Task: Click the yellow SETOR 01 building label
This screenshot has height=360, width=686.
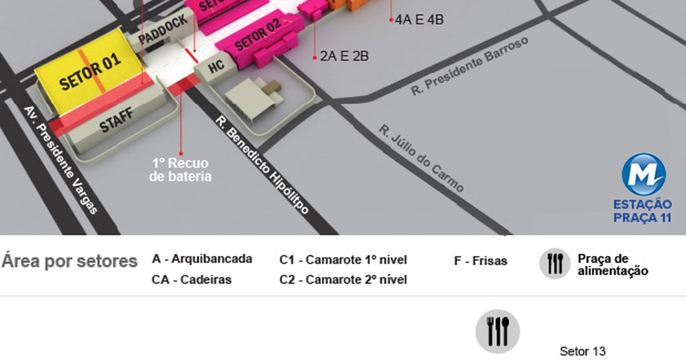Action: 90,73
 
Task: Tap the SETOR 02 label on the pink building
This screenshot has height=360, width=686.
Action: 258,35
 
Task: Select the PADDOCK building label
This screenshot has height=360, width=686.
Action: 163,30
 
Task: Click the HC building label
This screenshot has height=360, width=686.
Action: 216,66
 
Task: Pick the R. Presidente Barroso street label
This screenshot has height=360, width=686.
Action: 470,67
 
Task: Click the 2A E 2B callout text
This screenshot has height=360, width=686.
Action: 344,56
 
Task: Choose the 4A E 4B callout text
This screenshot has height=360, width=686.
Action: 420,20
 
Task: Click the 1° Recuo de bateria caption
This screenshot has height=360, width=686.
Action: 180,170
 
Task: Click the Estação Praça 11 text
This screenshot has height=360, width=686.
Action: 642,211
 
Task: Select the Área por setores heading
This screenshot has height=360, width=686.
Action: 69,261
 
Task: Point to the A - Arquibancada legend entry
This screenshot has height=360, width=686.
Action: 202,259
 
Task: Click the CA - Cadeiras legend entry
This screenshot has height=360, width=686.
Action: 192,279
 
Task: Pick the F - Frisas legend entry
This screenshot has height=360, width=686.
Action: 480,261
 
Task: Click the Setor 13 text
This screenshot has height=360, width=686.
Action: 583,351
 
